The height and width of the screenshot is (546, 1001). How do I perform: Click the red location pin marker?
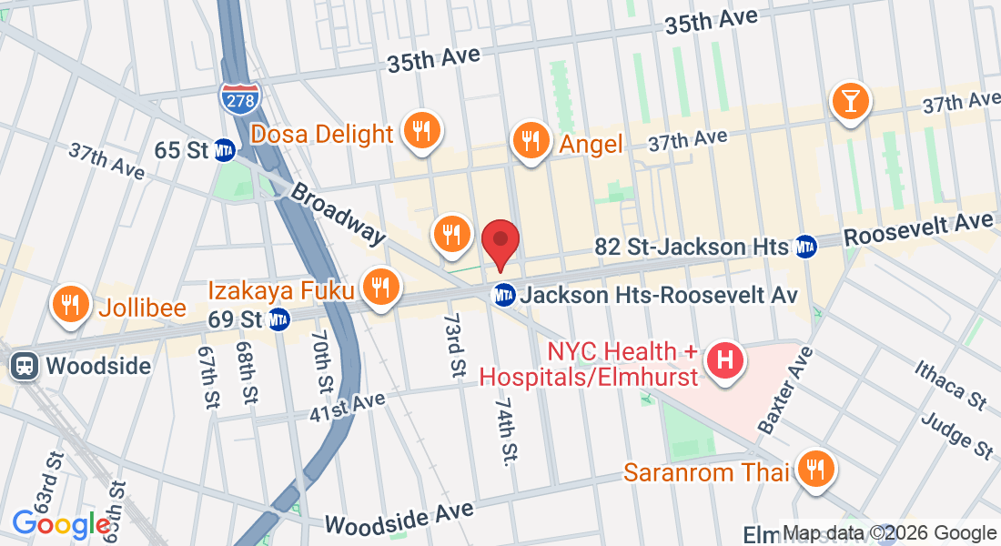(x=500, y=242)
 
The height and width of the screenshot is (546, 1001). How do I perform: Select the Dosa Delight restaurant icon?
(x=420, y=130)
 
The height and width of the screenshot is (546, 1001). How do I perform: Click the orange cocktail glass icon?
(x=850, y=100)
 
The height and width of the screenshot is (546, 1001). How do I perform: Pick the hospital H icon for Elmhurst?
(x=725, y=360)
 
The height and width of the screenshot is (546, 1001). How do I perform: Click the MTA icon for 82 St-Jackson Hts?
(x=804, y=246)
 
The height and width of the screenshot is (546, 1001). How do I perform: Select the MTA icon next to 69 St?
(x=278, y=319)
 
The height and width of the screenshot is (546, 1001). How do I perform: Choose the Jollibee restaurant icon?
(x=69, y=303)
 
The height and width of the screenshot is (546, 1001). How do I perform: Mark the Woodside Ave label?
(x=399, y=518)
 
